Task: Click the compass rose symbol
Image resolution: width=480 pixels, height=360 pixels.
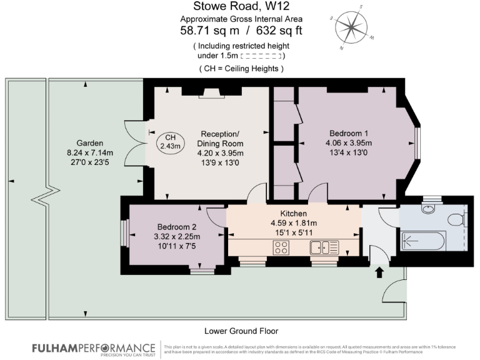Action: tap(352, 27)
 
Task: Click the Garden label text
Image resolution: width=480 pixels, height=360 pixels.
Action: tap(81, 142)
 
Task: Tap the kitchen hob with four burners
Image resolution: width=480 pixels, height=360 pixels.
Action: tap(281, 247)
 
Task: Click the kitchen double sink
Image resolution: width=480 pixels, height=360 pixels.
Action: tap(324, 247)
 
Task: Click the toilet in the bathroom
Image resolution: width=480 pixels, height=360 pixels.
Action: tap(456, 219)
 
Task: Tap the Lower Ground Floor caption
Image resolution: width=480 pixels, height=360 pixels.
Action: tap(241, 331)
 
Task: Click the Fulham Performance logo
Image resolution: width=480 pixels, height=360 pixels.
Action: tap(93, 348)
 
